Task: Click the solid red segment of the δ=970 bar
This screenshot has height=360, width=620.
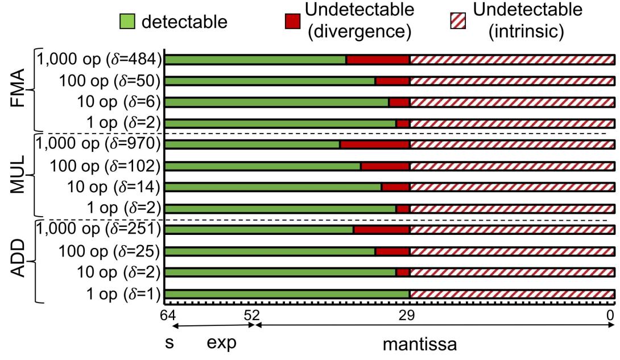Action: tap(374, 144)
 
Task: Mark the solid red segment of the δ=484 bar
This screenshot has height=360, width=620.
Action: tap(378, 59)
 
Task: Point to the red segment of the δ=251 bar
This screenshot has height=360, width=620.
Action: tap(381, 230)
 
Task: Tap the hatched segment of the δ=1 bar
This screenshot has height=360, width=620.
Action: tap(512, 293)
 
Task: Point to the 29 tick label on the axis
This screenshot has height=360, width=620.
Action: tap(409, 314)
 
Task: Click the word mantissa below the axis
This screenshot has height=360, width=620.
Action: tap(419, 345)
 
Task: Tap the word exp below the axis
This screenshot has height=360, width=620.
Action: tap(220, 344)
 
